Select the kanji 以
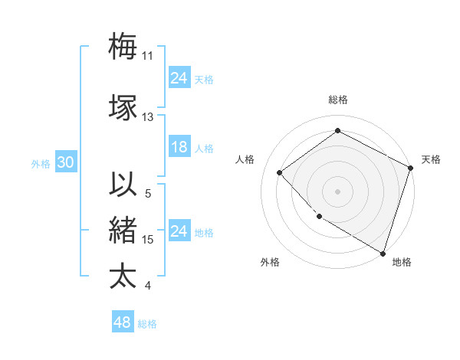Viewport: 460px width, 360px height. (x=123, y=185)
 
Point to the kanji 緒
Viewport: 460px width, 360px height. (x=123, y=230)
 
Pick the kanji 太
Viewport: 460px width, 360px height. (x=123, y=276)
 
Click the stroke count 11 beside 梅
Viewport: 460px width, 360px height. (x=148, y=56)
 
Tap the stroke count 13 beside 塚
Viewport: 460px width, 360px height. (x=148, y=117)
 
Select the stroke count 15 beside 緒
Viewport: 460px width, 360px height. (x=148, y=240)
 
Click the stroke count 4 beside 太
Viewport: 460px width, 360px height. (x=148, y=286)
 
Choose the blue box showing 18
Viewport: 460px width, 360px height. (x=179, y=148)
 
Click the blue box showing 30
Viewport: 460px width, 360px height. (x=65, y=163)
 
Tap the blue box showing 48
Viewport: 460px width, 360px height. (x=122, y=323)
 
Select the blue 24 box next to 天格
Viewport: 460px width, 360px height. (x=179, y=78)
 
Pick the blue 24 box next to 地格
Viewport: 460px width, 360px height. (x=179, y=232)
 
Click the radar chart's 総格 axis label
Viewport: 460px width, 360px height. (x=338, y=100)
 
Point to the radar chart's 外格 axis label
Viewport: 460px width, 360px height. (x=270, y=263)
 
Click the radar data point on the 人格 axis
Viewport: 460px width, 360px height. (x=280, y=172)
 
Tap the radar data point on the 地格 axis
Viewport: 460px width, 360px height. (x=383, y=252)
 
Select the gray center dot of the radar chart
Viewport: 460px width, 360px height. (x=338, y=191)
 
